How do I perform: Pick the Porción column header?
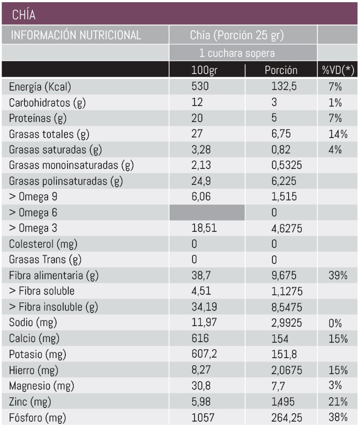[281, 70]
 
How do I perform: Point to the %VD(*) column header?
[338, 70]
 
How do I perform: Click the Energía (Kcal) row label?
[40, 87]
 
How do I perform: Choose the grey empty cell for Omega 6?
[207, 212]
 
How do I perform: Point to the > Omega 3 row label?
[34, 228]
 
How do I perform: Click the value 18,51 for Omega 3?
[203, 228]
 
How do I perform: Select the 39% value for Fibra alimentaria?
[338, 275]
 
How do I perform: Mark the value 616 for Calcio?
[199, 338]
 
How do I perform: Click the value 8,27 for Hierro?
[200, 370]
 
